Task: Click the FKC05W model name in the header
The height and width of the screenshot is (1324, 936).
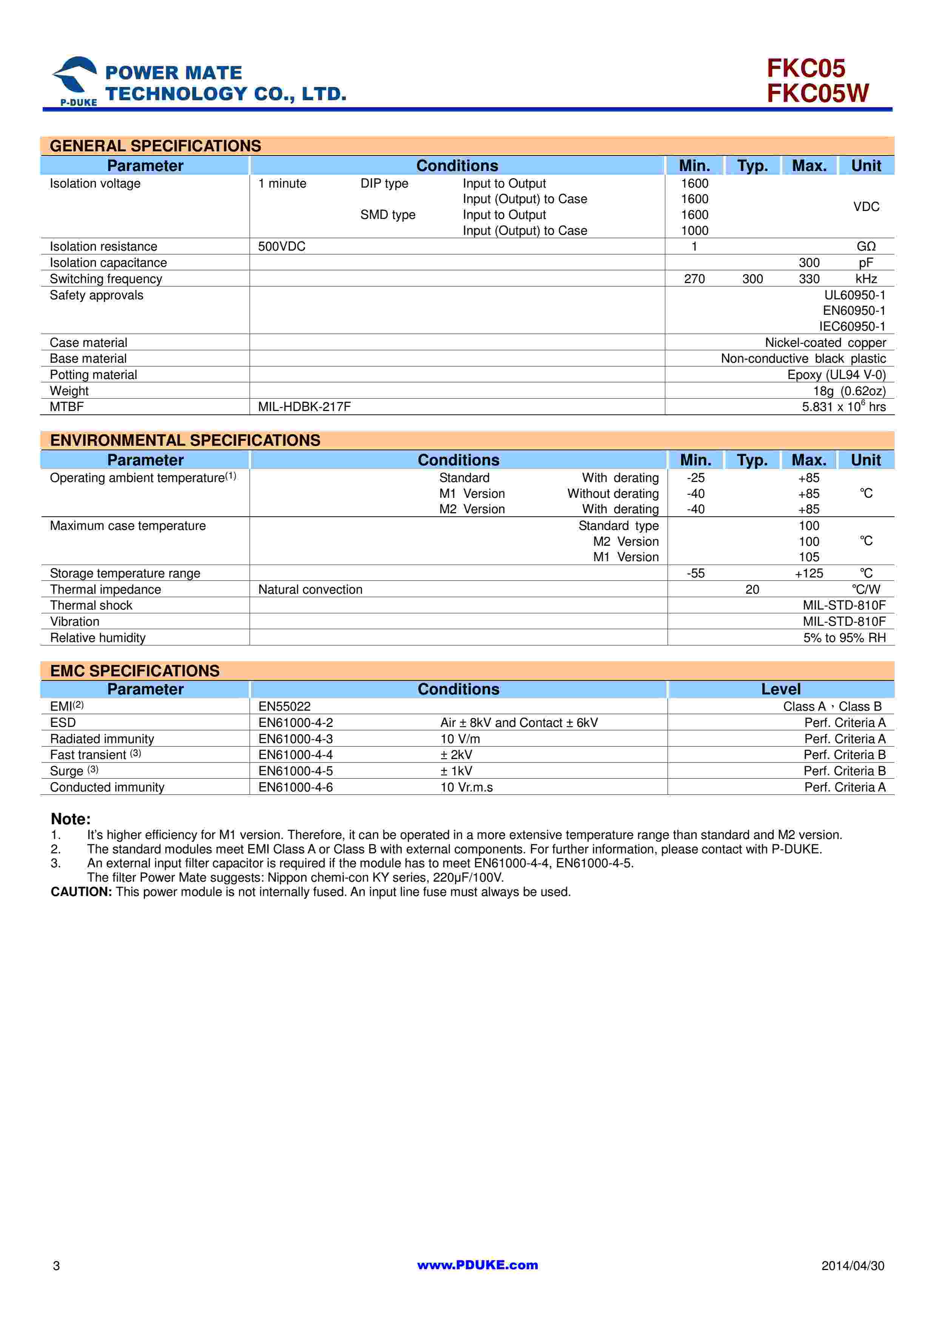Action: pos(817,94)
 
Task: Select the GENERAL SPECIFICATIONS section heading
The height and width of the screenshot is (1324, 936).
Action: pos(155,146)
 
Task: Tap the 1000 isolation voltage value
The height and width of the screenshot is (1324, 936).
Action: pos(694,231)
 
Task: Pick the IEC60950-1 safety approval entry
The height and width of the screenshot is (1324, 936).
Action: pos(852,326)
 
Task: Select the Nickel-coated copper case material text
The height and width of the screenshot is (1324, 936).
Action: pos(825,343)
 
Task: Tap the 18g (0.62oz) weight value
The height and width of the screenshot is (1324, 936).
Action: pos(849,391)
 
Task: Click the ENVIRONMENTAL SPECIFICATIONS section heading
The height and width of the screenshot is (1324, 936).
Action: pos(185,440)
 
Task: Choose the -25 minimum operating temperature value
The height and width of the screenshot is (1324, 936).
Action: pos(695,478)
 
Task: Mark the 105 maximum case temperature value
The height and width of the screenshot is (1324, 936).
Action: pos(808,557)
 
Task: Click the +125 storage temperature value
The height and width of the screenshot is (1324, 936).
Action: pos(808,573)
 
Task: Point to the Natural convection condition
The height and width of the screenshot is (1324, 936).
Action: pos(310,589)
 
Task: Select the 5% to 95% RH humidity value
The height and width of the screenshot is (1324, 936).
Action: pos(844,638)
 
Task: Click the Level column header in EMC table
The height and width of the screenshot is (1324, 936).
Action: pos(780,689)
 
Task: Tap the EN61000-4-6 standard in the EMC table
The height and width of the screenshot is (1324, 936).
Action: pos(295,787)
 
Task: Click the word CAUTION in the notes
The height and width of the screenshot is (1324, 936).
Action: pos(81,891)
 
